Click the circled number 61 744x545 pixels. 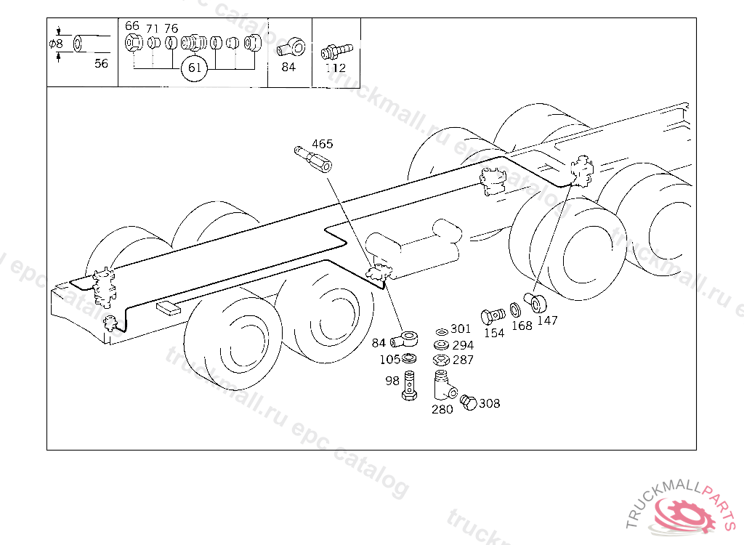pyautogui.click(x=195, y=68)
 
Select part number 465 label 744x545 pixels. pyautogui.click(x=323, y=143)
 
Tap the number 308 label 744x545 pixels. pyautogui.click(x=490, y=403)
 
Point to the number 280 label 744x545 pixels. pyautogui.click(x=442, y=409)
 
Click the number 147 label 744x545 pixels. pyautogui.click(x=547, y=320)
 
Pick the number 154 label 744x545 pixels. pyautogui.click(x=494, y=333)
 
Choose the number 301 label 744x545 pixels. pyautogui.click(x=461, y=330)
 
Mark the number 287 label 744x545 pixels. pyautogui.click(x=463, y=360)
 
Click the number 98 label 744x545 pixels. pyautogui.click(x=392, y=381)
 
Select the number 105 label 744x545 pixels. pyautogui.click(x=390, y=359)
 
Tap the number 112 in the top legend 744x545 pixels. pyautogui.click(x=336, y=68)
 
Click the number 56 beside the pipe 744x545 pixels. pyautogui.click(x=101, y=63)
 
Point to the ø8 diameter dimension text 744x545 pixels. pyautogui.click(x=56, y=44)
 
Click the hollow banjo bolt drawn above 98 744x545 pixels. pyautogui.click(x=410, y=384)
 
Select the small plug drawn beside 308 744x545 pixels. pyautogui.click(x=469, y=403)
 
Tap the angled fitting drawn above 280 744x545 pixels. pyautogui.click(x=442, y=385)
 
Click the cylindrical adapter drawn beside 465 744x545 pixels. pyautogui.click(x=313, y=158)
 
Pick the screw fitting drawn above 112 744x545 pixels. pyautogui.click(x=336, y=50)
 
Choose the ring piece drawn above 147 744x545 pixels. pyautogui.click(x=538, y=302)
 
